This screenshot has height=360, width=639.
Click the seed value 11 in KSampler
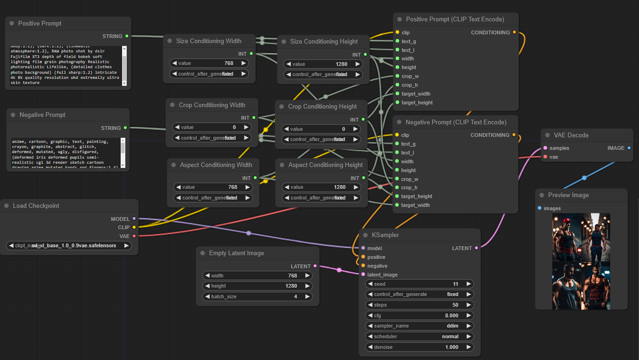(420, 284)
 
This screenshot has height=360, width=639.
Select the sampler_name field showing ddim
(420, 326)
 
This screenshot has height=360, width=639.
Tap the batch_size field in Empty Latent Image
(257, 296)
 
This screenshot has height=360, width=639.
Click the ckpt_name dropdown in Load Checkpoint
(69, 245)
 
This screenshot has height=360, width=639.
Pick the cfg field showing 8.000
(420, 315)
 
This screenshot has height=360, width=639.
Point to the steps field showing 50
(420, 305)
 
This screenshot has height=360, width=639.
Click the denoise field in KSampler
(420, 347)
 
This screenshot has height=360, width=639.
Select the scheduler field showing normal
(420, 336)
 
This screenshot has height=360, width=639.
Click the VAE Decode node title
(571, 135)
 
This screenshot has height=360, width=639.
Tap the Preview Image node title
(568, 195)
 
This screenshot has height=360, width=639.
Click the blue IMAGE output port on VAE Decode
(629, 148)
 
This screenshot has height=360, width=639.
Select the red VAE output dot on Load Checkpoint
(134, 236)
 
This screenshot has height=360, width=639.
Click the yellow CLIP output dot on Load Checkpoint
(134, 227)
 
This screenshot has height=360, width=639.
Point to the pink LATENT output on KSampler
(476, 248)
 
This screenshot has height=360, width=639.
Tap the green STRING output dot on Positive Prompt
(127, 36)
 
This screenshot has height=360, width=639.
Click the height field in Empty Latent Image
(257, 286)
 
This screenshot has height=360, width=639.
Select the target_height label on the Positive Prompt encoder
(417, 103)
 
